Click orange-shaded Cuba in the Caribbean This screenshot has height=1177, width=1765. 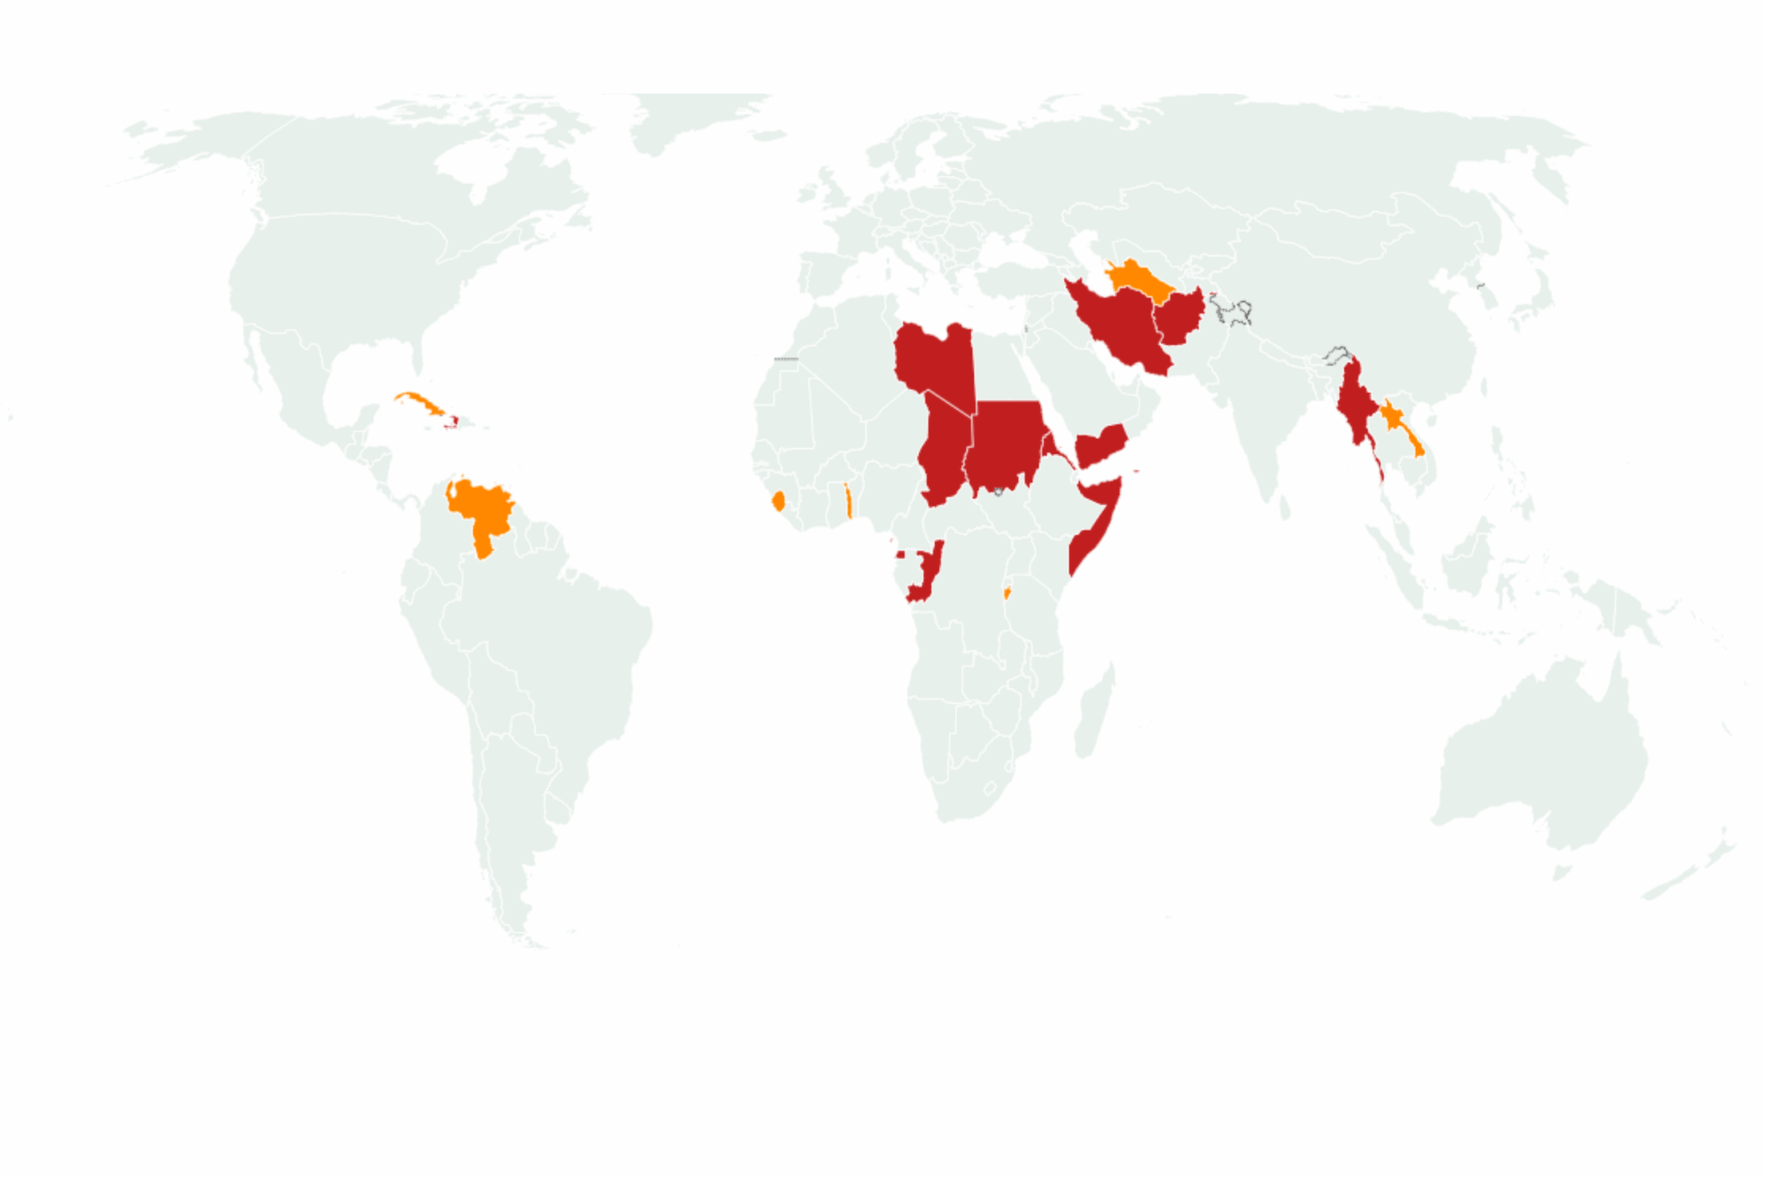(x=421, y=403)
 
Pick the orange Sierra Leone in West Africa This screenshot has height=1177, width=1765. (x=779, y=501)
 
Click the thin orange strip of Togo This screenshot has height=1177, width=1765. (x=848, y=501)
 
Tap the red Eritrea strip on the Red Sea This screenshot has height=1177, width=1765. (x=1054, y=449)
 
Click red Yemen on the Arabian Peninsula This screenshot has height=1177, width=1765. (x=1100, y=444)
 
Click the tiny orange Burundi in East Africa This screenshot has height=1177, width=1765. (x=1007, y=593)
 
